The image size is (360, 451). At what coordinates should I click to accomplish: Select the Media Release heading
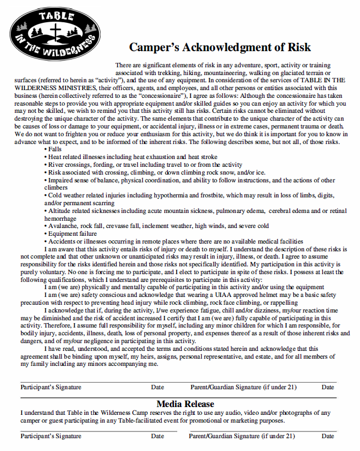[x=185, y=404]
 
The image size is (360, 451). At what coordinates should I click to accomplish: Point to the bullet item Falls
[x=54, y=150]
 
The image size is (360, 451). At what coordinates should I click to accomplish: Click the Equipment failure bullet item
[x=72, y=234]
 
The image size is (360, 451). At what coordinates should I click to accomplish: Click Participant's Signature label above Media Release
[x=51, y=387]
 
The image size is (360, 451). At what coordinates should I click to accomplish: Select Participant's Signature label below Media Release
[x=51, y=437]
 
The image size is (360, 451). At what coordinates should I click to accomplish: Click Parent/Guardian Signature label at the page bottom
[x=243, y=437]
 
